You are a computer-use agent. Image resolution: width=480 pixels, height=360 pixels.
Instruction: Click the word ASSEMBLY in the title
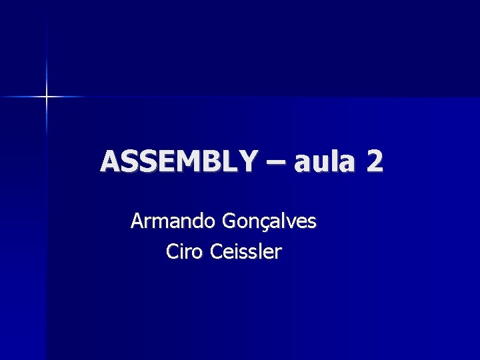pyautogui.click(x=178, y=161)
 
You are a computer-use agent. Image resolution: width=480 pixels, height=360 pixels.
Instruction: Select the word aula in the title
pyautogui.click(x=321, y=162)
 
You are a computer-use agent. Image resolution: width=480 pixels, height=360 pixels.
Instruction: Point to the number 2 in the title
pyautogui.click(x=374, y=161)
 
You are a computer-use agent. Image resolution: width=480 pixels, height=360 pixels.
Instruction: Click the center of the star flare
pyautogui.click(x=47, y=97)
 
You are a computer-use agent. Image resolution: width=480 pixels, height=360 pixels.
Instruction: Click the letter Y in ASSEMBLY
pyautogui.click(x=247, y=161)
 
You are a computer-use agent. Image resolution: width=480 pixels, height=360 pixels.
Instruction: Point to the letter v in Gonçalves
pyautogui.click(x=289, y=222)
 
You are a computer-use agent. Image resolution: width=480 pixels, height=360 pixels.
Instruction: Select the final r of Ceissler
pyautogui.click(x=278, y=253)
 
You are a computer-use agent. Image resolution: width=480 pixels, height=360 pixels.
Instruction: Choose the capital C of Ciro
pyautogui.click(x=172, y=252)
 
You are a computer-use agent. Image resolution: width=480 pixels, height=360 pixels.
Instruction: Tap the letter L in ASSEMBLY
pyautogui.click(x=230, y=161)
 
